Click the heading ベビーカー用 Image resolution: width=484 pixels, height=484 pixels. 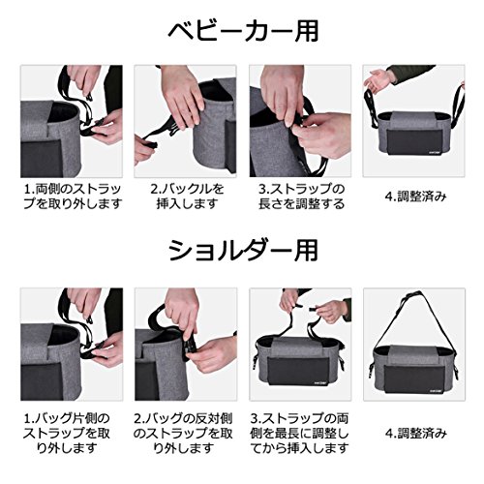click(244, 32)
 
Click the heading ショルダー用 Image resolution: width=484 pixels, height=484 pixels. click(244, 251)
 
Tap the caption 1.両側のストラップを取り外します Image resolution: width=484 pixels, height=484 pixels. click(73, 197)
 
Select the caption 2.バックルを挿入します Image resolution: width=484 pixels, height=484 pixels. click(187, 197)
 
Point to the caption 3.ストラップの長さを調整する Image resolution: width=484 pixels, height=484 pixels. click(301, 197)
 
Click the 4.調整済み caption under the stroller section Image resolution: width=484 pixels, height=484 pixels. click(415, 197)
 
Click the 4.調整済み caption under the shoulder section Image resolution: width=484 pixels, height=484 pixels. click(415, 433)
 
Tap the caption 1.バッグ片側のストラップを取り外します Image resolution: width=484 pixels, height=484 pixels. click(67, 433)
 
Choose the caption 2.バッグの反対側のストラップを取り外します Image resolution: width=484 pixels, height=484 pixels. click(183, 433)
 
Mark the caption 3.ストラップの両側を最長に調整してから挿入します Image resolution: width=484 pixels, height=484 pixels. click(300, 433)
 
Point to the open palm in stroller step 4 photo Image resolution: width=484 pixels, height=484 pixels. click(377, 80)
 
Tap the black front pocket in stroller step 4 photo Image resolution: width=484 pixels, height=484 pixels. click(414, 143)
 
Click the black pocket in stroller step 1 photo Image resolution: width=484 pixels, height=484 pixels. click(42, 159)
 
